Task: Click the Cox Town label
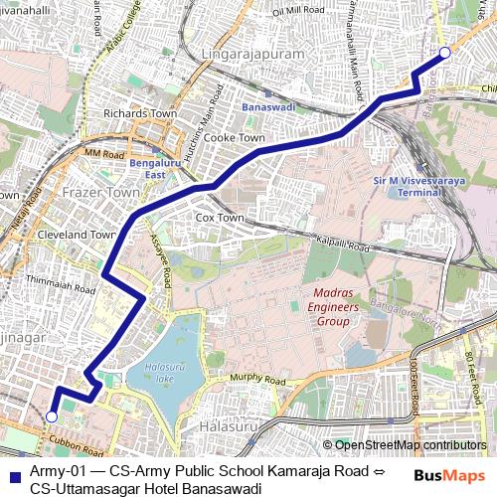(220, 217)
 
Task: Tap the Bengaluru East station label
(148, 168)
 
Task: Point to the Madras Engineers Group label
(323, 308)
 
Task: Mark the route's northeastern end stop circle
(444, 52)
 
